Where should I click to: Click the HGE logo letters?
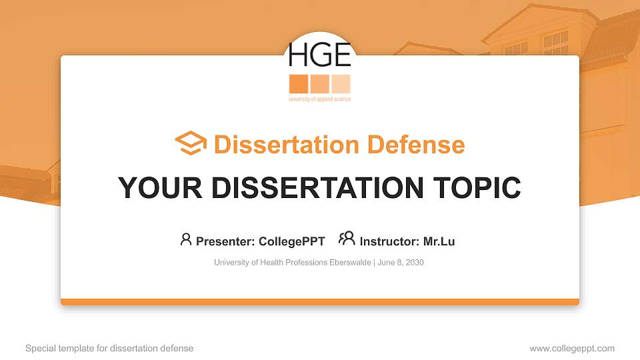pos(319,55)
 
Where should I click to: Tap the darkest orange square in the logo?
pos(298,84)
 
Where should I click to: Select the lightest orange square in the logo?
pos(341,84)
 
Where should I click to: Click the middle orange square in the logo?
pos(319,84)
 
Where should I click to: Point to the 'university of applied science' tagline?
pos(319,99)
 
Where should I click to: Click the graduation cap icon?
pos(191,144)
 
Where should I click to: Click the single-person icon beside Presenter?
pos(186,239)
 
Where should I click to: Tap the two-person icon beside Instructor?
pos(347,239)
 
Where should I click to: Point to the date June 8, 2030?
pos(401,263)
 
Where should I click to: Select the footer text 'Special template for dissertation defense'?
pos(109,348)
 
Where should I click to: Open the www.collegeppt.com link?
pos(572,348)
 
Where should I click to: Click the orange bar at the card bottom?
pos(319,302)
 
